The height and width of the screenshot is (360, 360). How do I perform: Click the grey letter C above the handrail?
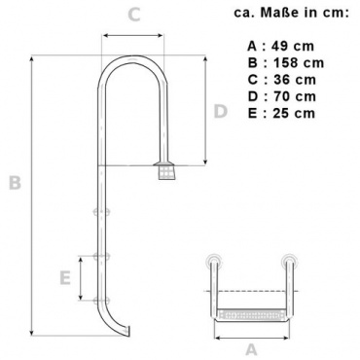134,15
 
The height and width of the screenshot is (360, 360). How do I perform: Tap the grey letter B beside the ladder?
15,182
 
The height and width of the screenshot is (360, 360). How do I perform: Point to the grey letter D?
221,111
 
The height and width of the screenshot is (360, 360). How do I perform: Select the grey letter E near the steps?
65,278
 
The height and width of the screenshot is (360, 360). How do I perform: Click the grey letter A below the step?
251,349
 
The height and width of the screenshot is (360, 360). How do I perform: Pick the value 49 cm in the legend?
293,46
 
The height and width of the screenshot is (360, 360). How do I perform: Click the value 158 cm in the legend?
299,63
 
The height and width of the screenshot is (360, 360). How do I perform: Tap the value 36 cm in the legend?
295,80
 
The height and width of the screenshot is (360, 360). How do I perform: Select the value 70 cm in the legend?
295,96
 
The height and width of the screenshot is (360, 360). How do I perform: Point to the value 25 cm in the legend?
294,114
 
